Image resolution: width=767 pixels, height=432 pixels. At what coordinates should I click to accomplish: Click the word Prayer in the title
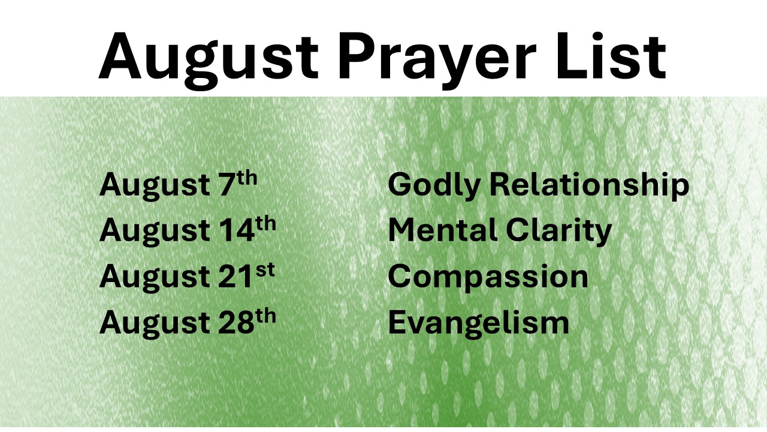(437, 61)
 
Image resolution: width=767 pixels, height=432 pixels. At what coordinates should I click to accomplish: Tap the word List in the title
(611, 56)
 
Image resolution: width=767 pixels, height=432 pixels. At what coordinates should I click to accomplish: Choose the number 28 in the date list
(236, 322)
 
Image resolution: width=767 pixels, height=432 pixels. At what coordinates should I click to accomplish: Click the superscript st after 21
(265, 270)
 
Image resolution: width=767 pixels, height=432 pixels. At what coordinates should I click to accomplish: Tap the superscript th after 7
(246, 178)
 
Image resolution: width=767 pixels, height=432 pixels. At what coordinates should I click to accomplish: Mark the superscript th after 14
(265, 224)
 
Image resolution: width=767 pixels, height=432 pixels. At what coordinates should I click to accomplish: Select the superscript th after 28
(265, 316)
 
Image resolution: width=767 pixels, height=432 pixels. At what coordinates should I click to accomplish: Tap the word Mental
(442, 230)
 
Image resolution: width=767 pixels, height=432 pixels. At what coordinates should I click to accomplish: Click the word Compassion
(488, 278)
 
